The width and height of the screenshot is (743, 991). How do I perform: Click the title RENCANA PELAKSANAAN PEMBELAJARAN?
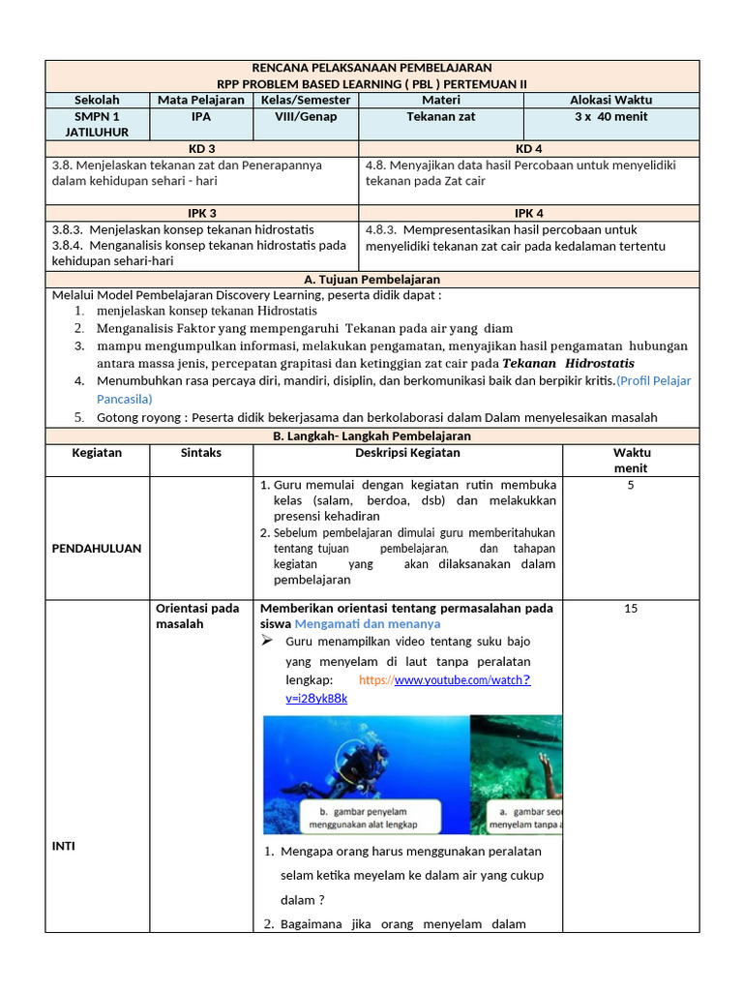371,68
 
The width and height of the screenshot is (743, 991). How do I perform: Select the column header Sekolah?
97,100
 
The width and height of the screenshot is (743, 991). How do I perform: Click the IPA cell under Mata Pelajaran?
201,116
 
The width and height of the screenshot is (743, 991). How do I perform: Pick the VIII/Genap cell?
306,116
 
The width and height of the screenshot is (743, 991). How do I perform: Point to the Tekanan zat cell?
440,116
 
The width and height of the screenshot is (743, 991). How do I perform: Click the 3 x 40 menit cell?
610,116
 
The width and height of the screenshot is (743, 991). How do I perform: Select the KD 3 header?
201,148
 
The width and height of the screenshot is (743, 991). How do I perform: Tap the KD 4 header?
528,148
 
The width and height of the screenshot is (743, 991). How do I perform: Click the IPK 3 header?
201,213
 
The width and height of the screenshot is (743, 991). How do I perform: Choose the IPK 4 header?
528,213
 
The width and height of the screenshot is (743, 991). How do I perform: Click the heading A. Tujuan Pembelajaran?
371,279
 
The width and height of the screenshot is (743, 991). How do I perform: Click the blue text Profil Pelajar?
655,380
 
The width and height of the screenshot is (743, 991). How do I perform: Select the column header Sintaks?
201,452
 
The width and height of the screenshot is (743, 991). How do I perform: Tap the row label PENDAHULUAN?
96,548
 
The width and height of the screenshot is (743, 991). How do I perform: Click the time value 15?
631,609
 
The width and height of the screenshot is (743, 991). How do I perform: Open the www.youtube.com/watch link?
461,680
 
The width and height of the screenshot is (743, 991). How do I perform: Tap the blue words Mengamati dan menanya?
367,624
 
